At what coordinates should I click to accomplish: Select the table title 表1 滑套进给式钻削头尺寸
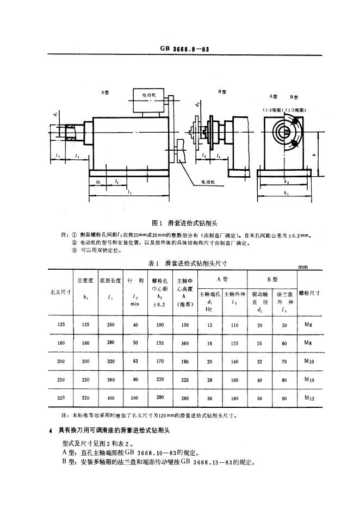tap(179, 263)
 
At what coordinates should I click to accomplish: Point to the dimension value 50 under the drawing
tap(97, 182)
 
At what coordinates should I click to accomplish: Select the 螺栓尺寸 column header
tap(309, 293)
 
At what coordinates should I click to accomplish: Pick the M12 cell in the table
tap(309, 399)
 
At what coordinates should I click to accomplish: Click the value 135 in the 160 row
tap(160, 343)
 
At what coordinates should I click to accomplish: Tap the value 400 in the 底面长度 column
tap(111, 399)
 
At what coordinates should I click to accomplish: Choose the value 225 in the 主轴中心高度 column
tap(185, 380)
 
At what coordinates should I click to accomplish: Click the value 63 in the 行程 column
tap(135, 361)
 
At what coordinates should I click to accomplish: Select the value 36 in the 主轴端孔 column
tap(210, 399)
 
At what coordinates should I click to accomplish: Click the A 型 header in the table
tap(222, 278)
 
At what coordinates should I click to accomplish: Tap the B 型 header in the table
tap(271, 278)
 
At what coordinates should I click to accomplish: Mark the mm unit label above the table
tap(304, 266)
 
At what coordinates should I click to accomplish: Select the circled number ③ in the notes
tap(75, 251)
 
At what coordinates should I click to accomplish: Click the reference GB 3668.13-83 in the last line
tap(209, 463)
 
